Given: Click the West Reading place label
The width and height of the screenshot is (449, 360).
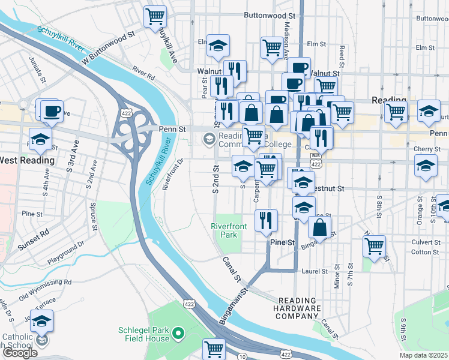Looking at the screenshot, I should [27, 160].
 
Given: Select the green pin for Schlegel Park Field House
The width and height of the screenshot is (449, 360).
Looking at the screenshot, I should [178, 332].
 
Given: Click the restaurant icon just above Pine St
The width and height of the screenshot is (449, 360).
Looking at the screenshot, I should [265, 220].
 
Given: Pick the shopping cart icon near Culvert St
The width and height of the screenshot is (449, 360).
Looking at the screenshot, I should [374, 245].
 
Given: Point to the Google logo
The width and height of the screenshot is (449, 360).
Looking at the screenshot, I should [20, 353].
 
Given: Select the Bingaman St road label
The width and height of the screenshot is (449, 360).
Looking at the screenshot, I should [234, 306].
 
